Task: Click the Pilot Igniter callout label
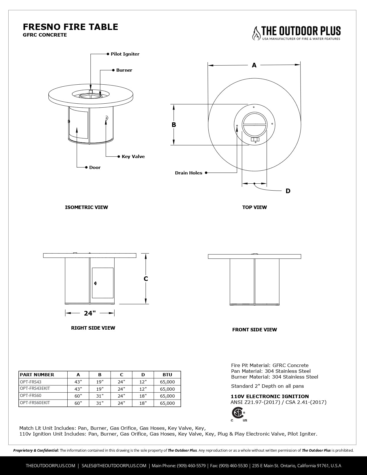[125, 54]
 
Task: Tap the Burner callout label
[124, 70]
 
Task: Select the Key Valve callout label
[133, 157]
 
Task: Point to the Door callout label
[95, 168]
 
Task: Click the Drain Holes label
[189, 173]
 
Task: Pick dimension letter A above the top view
[254, 65]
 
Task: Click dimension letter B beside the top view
[174, 125]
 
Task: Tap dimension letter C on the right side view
[146, 279]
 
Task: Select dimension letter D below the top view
[288, 191]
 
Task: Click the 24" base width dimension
[90, 313]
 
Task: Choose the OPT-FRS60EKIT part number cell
[35, 403]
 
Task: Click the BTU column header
[167, 375]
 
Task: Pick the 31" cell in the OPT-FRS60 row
[100, 396]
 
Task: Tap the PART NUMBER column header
[37, 375]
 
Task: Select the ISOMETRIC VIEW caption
[86, 207]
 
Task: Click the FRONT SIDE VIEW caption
[254, 330]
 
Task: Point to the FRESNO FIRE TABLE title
[71, 27]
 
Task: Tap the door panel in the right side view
[103, 283]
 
